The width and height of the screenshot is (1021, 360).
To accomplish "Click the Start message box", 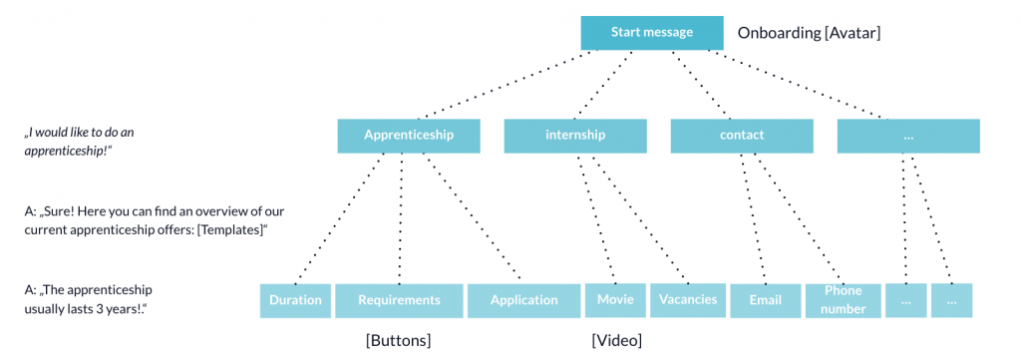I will point(651,33).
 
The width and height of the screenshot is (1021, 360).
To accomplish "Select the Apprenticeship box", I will point(409,136).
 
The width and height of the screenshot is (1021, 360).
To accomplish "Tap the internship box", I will point(575,136).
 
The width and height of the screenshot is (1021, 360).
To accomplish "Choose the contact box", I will point(741,136).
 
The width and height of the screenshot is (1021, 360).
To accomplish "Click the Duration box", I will point(295,300).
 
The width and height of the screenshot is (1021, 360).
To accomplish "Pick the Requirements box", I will point(399,300).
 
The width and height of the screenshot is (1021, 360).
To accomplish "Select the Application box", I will point(523,300).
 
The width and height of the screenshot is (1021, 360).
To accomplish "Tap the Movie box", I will point(615,300).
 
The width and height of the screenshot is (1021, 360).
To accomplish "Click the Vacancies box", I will point(687,300).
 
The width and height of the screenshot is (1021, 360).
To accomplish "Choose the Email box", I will point(766,300).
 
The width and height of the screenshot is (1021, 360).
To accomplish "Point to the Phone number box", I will point(843,300).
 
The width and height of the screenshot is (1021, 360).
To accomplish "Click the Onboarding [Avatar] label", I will point(809,33).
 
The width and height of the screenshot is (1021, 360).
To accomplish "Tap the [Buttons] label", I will point(399,341).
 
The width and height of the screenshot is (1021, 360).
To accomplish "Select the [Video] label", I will point(616,341).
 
